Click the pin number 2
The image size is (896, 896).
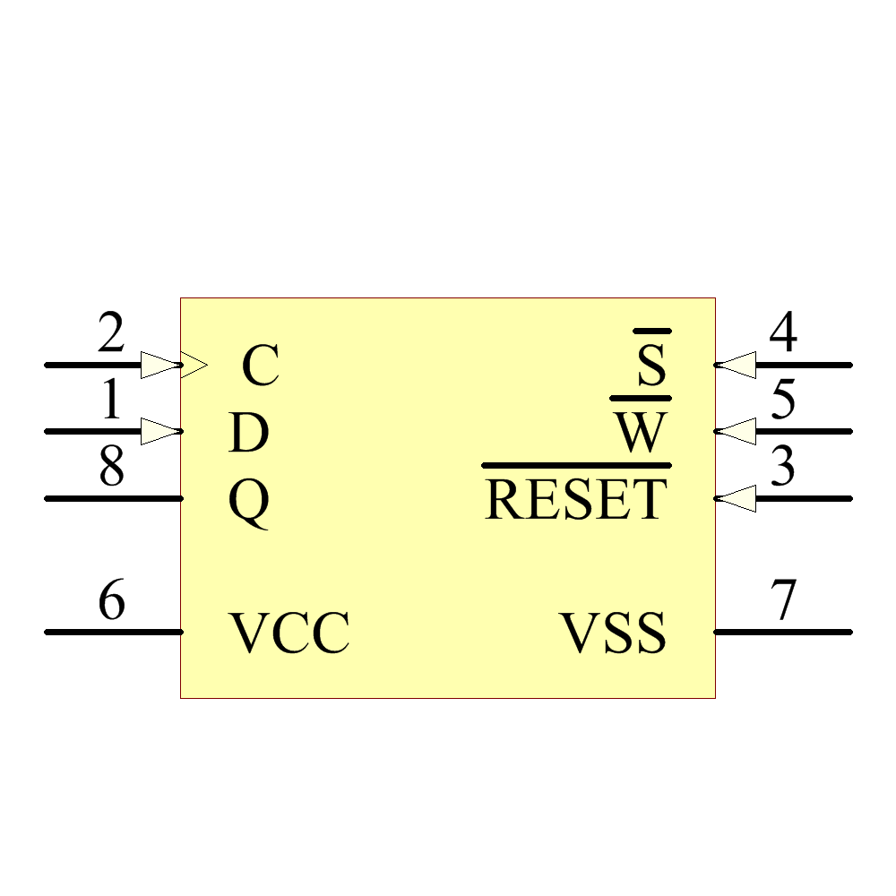[111, 335]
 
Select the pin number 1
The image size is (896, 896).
[111, 401]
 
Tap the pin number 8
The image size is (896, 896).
[111, 468]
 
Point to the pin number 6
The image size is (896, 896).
[111, 601]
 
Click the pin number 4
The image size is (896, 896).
[783, 335]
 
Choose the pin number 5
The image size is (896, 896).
[783, 401]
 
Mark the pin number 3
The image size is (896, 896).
[783, 468]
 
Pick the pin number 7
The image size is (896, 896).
[783, 601]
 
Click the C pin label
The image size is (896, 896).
[261, 366]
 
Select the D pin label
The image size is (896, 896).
[249, 434]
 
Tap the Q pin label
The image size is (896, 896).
[249, 502]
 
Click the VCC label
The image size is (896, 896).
[289, 633]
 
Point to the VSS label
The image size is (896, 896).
[614, 633]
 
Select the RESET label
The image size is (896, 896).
[576, 500]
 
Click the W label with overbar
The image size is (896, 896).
[641, 434]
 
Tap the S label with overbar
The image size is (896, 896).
[652, 366]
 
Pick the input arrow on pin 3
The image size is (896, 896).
[737, 498]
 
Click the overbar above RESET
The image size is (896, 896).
[576, 466]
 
